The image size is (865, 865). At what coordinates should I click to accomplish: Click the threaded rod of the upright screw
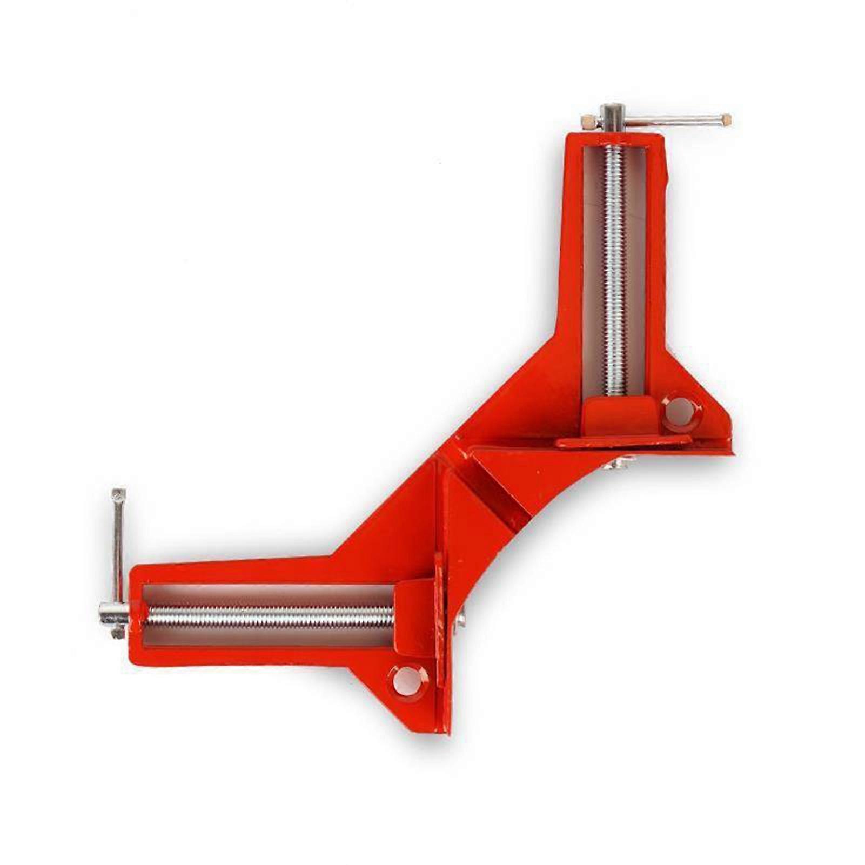tap(614, 270)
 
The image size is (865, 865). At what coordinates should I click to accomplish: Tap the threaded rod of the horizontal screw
tap(270, 616)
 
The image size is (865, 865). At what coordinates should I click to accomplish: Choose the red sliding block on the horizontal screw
tap(413, 616)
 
